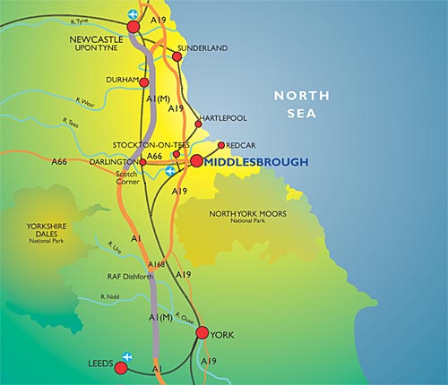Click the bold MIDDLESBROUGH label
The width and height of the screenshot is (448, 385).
click(256, 161)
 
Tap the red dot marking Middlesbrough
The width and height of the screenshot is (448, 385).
click(196, 161)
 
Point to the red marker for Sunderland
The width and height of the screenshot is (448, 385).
click(177, 56)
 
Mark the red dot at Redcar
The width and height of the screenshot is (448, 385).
click(220, 144)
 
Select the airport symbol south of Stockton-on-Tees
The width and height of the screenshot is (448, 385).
click(171, 169)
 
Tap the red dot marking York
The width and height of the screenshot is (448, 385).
click(202, 333)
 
